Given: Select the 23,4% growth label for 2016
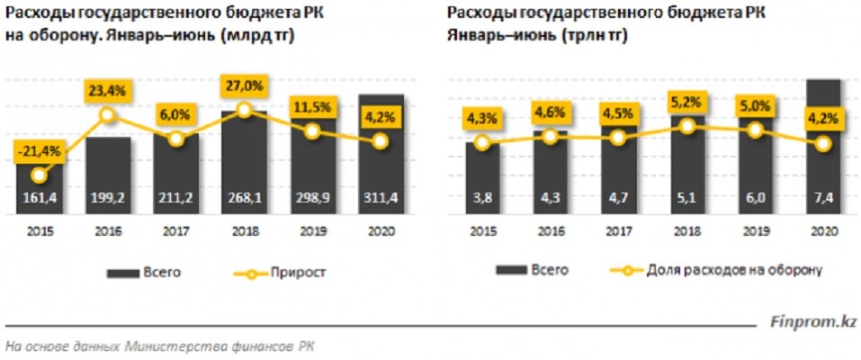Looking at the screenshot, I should click(x=106, y=89).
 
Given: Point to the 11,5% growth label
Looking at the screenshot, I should click(x=311, y=107).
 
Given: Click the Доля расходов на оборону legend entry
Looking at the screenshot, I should click(x=716, y=269).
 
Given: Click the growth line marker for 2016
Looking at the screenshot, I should click(x=106, y=115).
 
